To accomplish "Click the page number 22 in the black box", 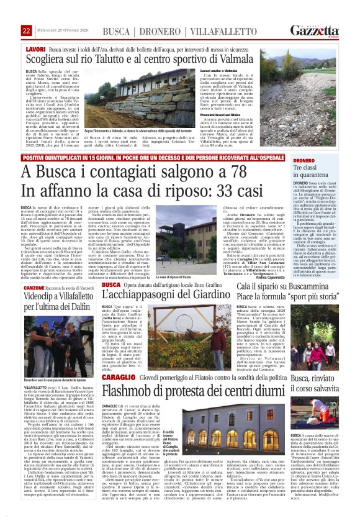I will coord(26,30).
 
